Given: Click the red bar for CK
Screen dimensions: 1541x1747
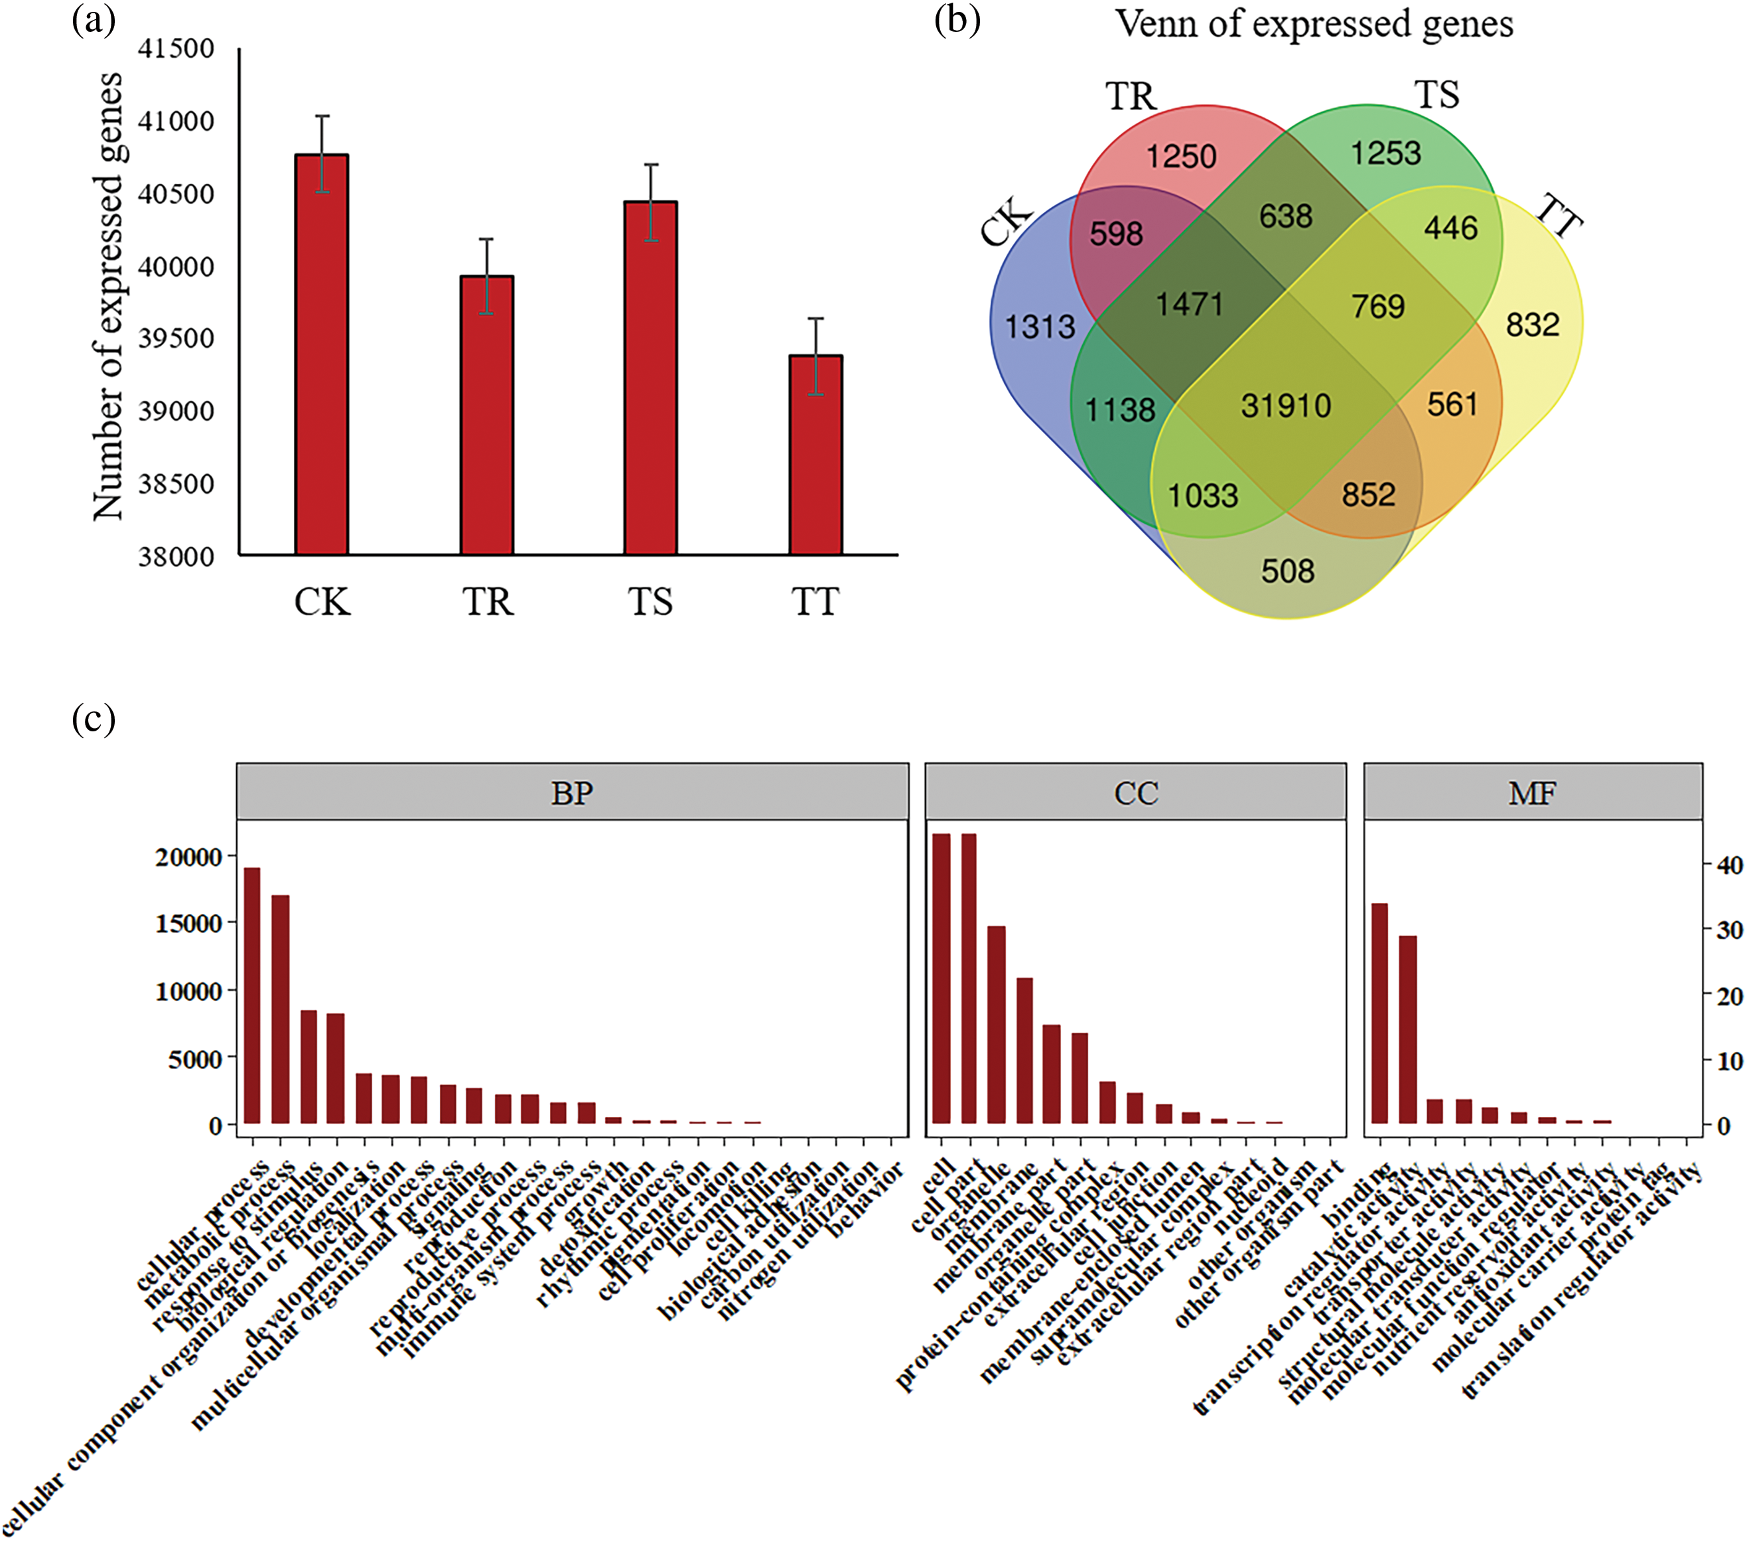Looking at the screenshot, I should click(x=321, y=354).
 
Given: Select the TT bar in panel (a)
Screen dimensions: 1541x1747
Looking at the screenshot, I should click(x=815, y=455).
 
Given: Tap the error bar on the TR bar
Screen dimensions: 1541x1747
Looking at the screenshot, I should click(x=486, y=275).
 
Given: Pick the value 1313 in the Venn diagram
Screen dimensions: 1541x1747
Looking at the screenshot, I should click(x=1039, y=327).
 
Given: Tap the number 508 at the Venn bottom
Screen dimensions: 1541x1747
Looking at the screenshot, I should click(x=1287, y=571).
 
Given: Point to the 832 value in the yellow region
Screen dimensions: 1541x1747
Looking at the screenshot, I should click(x=1533, y=325).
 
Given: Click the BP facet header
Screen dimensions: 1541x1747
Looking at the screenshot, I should click(x=572, y=793).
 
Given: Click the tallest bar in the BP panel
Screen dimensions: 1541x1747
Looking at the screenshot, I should click(x=252, y=995).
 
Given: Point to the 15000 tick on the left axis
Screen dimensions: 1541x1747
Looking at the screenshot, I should click(x=190, y=924).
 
